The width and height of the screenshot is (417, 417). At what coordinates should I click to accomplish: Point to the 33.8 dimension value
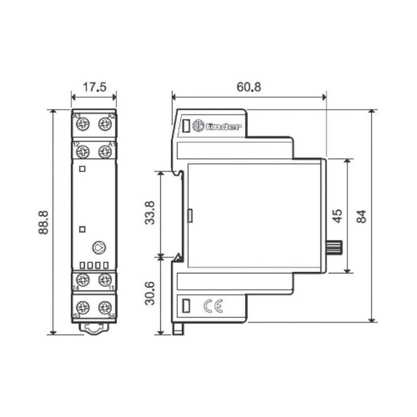150,213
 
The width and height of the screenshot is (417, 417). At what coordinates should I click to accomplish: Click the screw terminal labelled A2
104,124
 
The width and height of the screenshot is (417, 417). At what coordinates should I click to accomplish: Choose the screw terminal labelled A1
104,151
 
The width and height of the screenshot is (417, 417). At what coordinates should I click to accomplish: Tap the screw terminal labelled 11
104,280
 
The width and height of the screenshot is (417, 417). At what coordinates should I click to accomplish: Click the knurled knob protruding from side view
334,248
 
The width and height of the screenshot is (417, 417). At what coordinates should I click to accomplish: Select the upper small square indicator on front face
83,168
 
